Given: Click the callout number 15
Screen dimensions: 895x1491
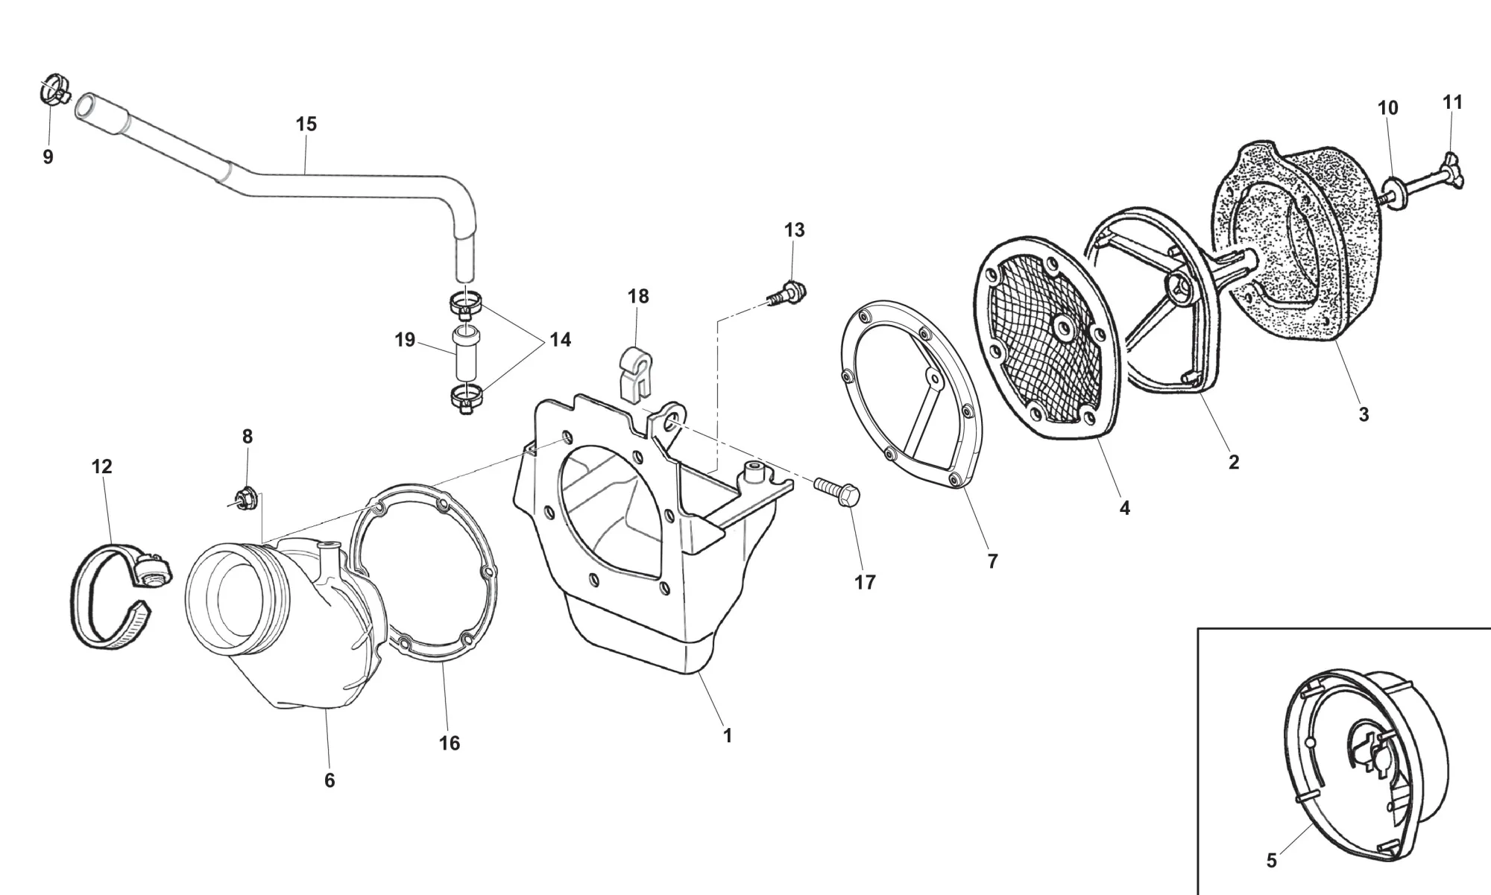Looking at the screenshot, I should click(306, 124).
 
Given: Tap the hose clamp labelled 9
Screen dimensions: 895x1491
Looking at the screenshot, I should click(52, 91).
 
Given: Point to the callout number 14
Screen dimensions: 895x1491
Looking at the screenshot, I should click(560, 340).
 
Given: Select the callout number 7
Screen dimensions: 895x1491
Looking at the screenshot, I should click(992, 562).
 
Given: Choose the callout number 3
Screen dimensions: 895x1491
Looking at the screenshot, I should click(1364, 415).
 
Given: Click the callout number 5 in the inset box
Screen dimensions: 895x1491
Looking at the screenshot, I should click(1271, 861).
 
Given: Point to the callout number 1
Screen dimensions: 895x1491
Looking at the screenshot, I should click(728, 736).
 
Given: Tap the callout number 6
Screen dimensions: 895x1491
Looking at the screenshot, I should click(330, 780).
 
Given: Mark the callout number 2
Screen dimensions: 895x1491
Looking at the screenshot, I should click(1234, 462).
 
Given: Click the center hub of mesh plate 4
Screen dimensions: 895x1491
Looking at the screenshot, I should click(1059, 326).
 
